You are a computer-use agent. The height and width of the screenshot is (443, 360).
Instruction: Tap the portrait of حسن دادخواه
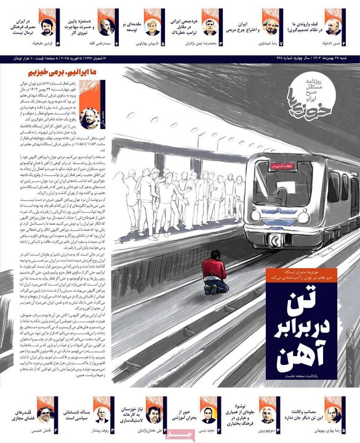332,26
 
